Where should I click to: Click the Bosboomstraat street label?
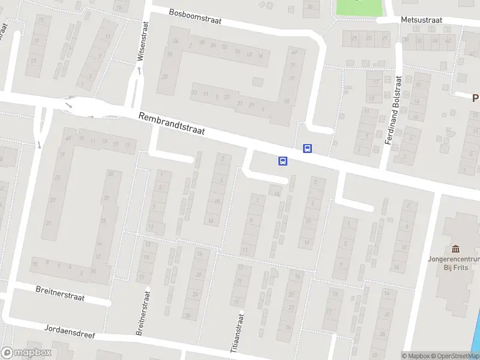(195, 16)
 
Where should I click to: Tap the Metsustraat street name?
(421, 20)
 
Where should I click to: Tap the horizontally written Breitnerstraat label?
(60, 293)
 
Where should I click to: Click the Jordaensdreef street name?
(70, 331)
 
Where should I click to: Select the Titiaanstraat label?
(241, 334)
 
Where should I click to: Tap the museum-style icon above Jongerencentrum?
(455, 249)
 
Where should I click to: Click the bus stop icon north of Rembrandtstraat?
(307, 148)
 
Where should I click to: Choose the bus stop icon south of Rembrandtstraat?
(283, 160)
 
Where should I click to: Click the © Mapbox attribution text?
(416, 356)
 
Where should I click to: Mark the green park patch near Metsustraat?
(359, 7)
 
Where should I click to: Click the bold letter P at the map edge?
(475, 98)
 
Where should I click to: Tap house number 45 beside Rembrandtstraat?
(69, 139)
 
